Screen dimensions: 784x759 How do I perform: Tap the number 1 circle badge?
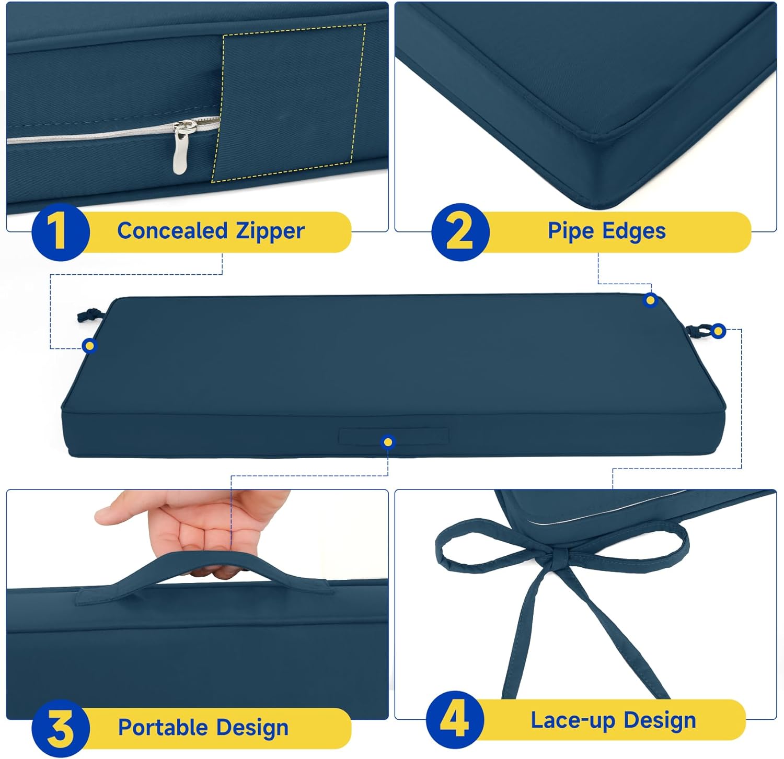pyautogui.click(x=61, y=232)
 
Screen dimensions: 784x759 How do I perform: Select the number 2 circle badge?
pyautogui.click(x=460, y=232)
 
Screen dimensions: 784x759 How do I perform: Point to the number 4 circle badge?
pyautogui.click(x=455, y=720)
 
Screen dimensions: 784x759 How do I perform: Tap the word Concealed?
pyautogui.click(x=172, y=230)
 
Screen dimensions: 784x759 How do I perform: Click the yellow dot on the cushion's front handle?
pyautogui.click(x=388, y=442)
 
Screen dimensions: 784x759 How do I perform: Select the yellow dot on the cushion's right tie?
pyautogui.click(x=718, y=331)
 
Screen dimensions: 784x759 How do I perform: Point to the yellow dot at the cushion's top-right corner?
pyautogui.click(x=651, y=300)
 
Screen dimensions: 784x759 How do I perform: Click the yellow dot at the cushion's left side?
pyautogui.click(x=90, y=345)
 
